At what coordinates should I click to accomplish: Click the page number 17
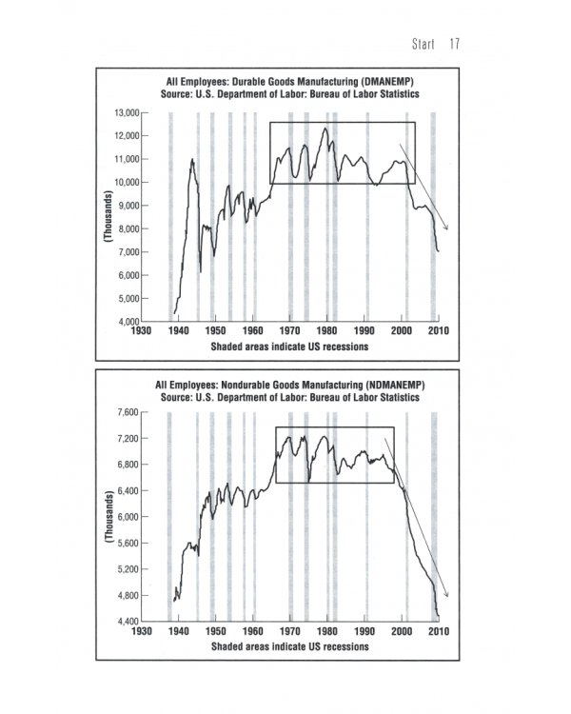pos(455,45)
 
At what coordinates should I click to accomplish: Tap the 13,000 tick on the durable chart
pos(127,112)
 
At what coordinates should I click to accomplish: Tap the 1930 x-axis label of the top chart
pos(141,331)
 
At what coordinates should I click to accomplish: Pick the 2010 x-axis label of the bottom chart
pos(438,631)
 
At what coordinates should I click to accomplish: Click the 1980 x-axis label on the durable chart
pos(326,331)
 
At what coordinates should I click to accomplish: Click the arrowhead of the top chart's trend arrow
pos(445,228)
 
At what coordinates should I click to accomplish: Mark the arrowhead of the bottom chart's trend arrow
pos(445,596)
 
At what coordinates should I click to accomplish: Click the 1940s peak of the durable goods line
pos(192,160)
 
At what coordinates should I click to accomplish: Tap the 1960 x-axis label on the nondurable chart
pos(252,631)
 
